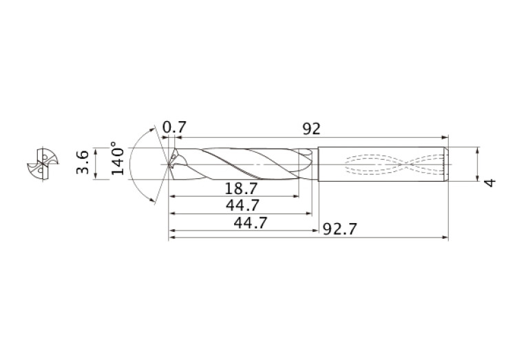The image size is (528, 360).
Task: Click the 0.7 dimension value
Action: click(x=174, y=129)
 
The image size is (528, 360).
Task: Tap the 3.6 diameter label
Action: click(x=83, y=163)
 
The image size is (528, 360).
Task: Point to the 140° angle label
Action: click(x=118, y=160)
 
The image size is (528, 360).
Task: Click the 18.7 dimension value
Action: click(x=241, y=188)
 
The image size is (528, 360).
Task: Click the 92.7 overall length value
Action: click(x=340, y=229)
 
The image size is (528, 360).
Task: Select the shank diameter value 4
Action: click(x=489, y=182)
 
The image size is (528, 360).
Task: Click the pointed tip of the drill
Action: click(x=167, y=165)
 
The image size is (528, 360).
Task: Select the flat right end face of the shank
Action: click(x=448, y=165)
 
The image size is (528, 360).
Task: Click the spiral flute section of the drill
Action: click(x=241, y=165)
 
